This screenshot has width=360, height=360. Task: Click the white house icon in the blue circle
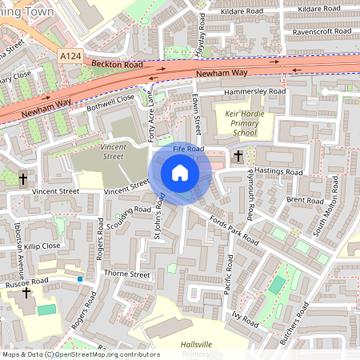pos(180,173)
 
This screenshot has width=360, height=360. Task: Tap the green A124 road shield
pos(70,55)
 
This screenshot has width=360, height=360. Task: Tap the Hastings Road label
pos(278,172)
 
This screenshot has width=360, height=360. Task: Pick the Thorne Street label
pos(127,274)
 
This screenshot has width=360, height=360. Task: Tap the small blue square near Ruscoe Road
pos(80,278)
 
